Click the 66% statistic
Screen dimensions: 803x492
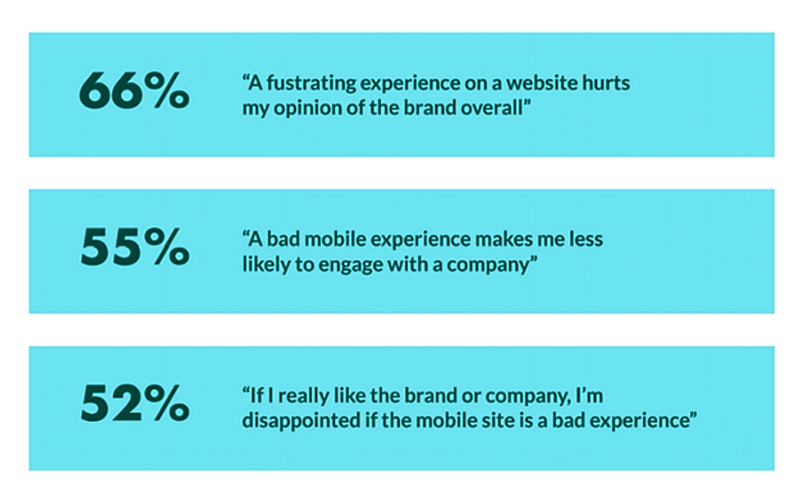pyautogui.click(x=134, y=91)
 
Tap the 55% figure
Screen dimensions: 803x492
pyautogui.click(x=135, y=247)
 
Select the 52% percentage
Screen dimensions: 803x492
pyautogui.click(x=135, y=403)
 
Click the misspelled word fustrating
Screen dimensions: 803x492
pyautogui.click(x=311, y=83)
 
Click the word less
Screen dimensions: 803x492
pyautogui.click(x=586, y=240)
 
